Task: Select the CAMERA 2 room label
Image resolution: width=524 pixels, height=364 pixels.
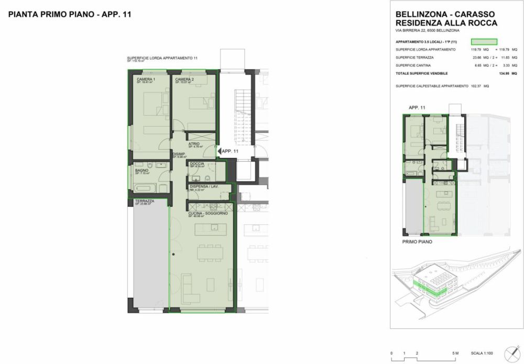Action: (184, 79)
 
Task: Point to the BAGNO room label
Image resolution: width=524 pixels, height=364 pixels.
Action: (141, 170)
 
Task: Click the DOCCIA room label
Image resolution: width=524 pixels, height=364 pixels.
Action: (197, 164)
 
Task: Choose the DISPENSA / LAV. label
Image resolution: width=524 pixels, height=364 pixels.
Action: (204, 186)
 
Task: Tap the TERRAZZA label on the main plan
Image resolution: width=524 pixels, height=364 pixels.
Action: (144, 201)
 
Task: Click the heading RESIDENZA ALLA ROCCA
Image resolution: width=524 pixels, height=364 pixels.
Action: (446, 23)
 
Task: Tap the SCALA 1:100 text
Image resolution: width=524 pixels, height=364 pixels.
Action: (482, 354)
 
